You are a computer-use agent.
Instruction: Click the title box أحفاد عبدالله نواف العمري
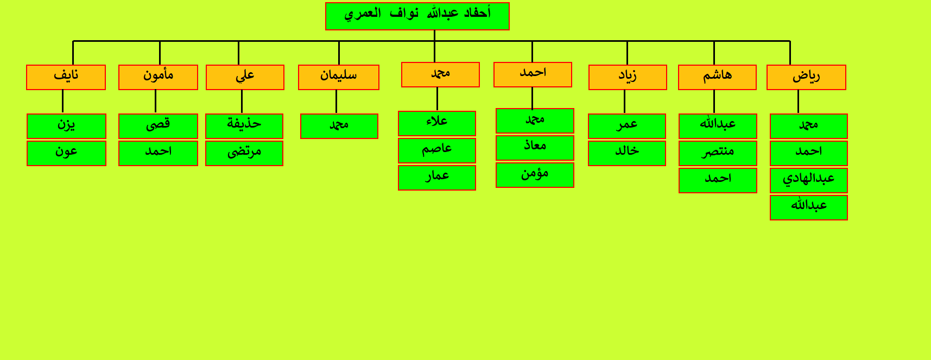[x=417, y=16]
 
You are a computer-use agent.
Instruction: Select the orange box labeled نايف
[x=66, y=77]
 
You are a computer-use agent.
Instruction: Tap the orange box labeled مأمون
[x=158, y=77]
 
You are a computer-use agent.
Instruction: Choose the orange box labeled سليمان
[x=339, y=77]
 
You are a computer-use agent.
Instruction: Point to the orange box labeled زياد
[x=628, y=77]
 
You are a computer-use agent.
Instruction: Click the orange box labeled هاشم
[x=717, y=77]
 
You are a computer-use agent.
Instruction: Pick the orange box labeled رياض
[x=806, y=77]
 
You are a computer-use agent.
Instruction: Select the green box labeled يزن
[x=66, y=126]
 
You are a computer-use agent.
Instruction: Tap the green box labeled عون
[x=66, y=153]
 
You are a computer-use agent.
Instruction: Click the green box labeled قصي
[x=158, y=126]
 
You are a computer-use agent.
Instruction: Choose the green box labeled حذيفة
[x=244, y=126]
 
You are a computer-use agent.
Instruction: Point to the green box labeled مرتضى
[x=244, y=153]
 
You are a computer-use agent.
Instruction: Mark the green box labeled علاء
[x=437, y=123]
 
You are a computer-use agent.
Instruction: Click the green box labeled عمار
[x=437, y=178]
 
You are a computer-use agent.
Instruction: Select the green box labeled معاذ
[x=535, y=148]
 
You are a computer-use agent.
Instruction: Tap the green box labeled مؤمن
[x=535, y=175]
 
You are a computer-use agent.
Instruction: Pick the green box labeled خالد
[x=627, y=153]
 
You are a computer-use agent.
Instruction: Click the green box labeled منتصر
[x=718, y=153]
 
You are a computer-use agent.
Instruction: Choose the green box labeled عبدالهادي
[x=809, y=180]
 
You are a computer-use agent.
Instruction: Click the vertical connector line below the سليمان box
[x=336, y=102]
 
